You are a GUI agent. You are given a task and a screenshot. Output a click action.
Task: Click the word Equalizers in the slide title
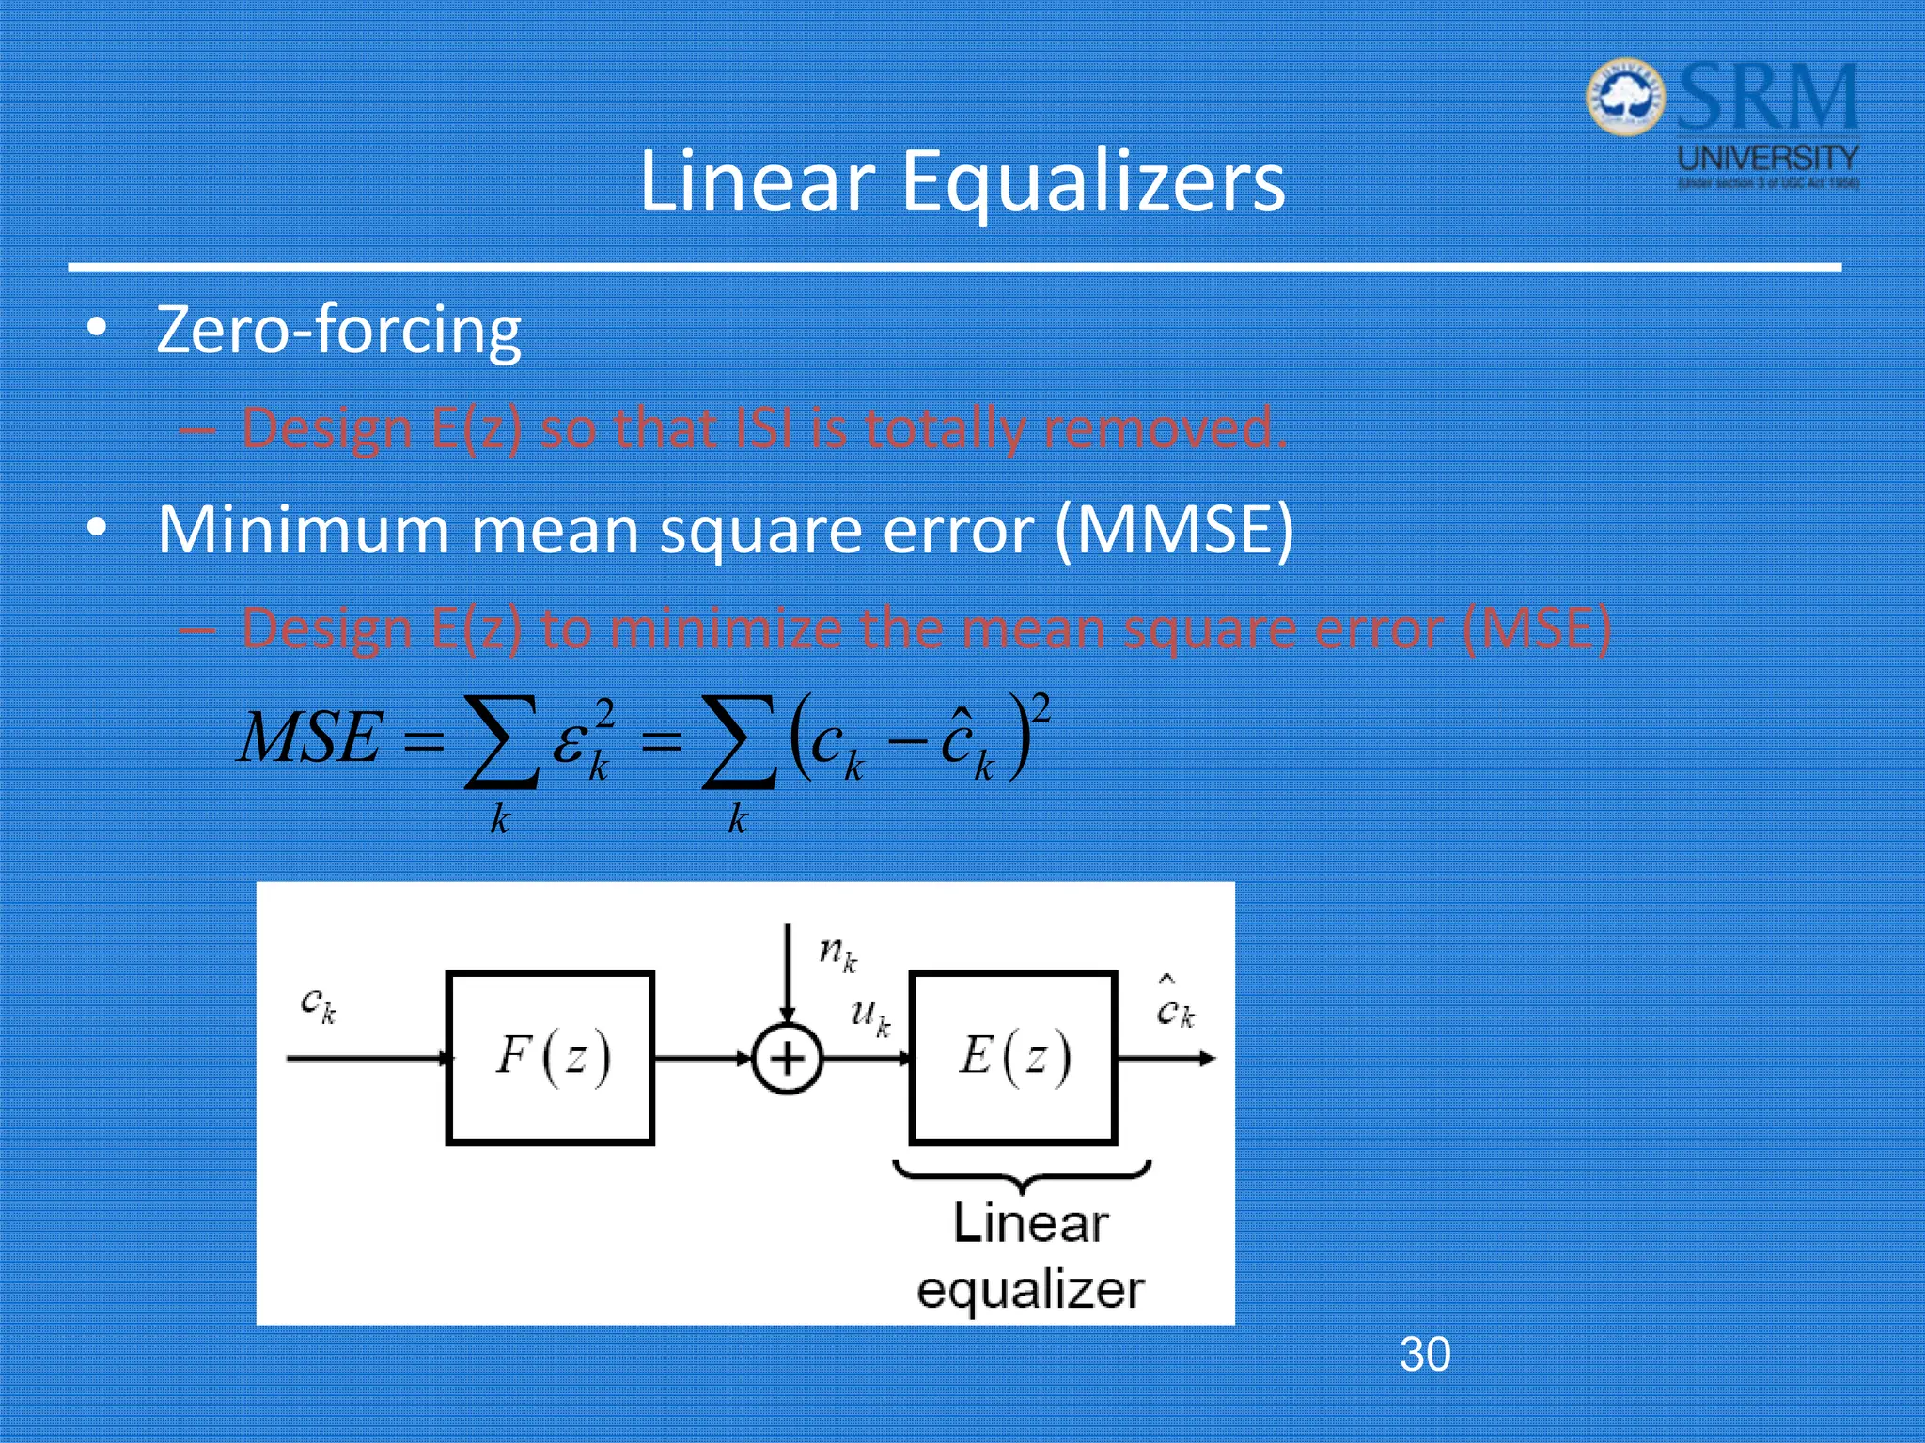pyautogui.click(x=1093, y=181)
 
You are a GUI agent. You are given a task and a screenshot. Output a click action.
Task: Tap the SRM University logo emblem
pyautogui.click(x=1625, y=97)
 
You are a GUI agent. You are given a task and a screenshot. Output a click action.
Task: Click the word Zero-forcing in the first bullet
pyautogui.click(x=338, y=331)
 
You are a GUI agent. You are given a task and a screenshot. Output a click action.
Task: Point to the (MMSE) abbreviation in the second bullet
pyautogui.click(x=1174, y=530)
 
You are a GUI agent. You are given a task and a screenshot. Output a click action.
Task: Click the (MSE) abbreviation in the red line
pyautogui.click(x=1537, y=628)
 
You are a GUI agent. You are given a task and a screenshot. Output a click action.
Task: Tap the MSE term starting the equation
pyautogui.click(x=310, y=738)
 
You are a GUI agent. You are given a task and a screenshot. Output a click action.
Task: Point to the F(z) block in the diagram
pyautogui.click(x=551, y=1057)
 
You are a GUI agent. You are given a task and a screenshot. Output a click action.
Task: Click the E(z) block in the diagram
pyautogui.click(x=1013, y=1057)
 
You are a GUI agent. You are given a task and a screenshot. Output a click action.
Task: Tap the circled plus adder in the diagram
pyautogui.click(x=788, y=1059)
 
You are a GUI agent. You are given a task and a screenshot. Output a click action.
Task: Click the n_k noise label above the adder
pyautogui.click(x=837, y=954)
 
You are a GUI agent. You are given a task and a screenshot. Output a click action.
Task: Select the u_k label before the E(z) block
pyautogui.click(x=869, y=1016)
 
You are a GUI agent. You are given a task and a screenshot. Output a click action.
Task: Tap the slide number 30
pyautogui.click(x=1425, y=1354)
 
